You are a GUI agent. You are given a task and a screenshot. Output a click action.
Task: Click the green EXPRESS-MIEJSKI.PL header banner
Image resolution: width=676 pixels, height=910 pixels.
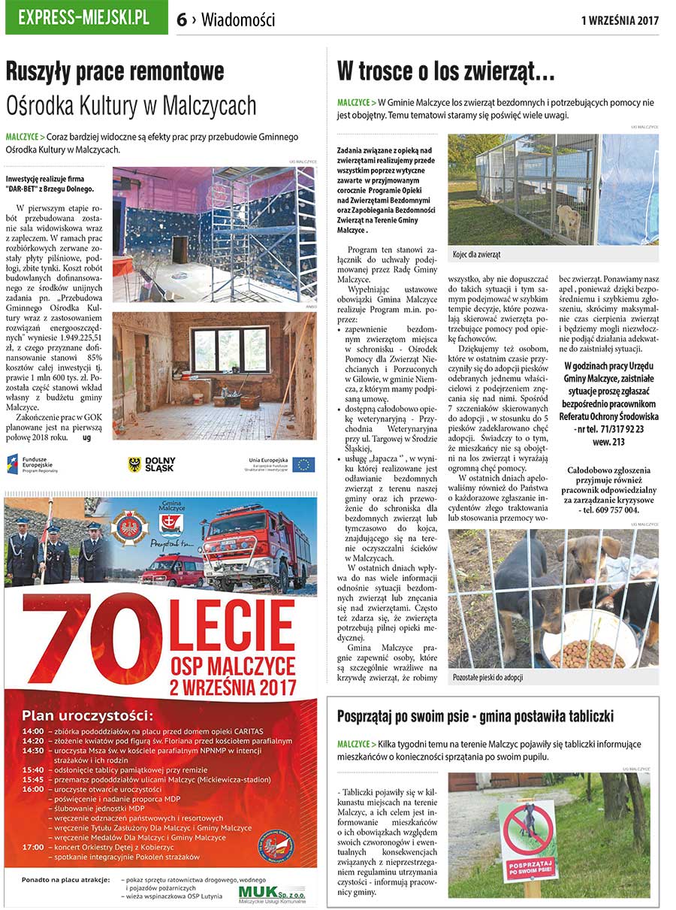[86, 17]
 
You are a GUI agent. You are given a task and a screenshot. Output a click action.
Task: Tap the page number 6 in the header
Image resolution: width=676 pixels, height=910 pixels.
[182, 20]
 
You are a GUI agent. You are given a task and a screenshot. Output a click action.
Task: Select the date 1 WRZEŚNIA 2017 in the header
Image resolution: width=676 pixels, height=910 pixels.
[619, 20]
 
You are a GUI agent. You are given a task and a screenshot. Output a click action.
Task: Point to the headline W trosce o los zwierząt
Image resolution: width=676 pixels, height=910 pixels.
[446, 72]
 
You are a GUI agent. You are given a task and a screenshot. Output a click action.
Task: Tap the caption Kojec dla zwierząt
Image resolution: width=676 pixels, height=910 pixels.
[477, 255]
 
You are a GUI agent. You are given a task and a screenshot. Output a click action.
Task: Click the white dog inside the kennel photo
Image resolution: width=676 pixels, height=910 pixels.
[569, 221]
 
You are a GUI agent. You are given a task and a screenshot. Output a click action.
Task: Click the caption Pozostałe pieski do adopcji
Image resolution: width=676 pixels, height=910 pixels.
[488, 677]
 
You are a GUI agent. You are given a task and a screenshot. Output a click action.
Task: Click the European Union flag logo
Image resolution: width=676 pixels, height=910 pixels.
[304, 464]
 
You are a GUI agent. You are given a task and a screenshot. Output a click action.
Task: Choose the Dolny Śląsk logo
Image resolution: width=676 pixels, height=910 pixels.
[151, 464]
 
